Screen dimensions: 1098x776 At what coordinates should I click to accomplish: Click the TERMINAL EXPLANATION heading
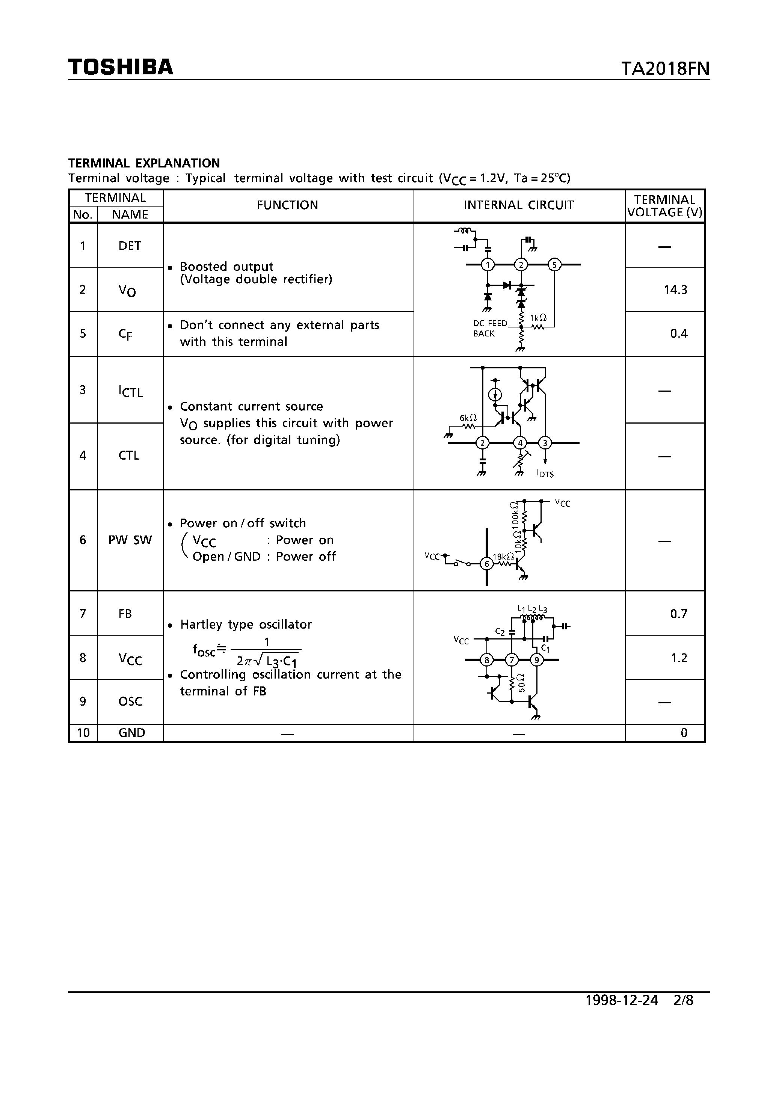pos(144,163)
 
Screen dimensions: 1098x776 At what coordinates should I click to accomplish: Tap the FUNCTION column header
pos(288,205)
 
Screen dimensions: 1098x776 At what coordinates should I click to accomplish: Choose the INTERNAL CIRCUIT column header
pos(519,205)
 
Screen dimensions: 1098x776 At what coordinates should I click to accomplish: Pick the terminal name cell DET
pos(130,246)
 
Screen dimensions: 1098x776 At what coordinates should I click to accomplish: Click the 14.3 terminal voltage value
pos(676,290)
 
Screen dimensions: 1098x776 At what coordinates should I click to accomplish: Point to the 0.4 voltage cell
pos(679,334)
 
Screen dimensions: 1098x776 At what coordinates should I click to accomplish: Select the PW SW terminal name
pos(130,540)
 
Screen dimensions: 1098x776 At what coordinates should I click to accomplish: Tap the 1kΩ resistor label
pos(539,318)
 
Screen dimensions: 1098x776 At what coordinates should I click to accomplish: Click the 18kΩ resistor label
pos(503,557)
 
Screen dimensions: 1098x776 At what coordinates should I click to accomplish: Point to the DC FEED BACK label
pos(489,329)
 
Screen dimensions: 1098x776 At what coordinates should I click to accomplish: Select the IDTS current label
pos(545,474)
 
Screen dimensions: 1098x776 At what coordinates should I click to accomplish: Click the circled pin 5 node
pos(554,264)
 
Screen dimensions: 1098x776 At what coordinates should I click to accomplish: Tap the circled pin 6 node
pos(487,564)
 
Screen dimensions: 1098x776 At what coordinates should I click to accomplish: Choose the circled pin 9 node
pos(537,661)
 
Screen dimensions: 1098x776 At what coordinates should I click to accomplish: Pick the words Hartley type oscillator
pos(246,624)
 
